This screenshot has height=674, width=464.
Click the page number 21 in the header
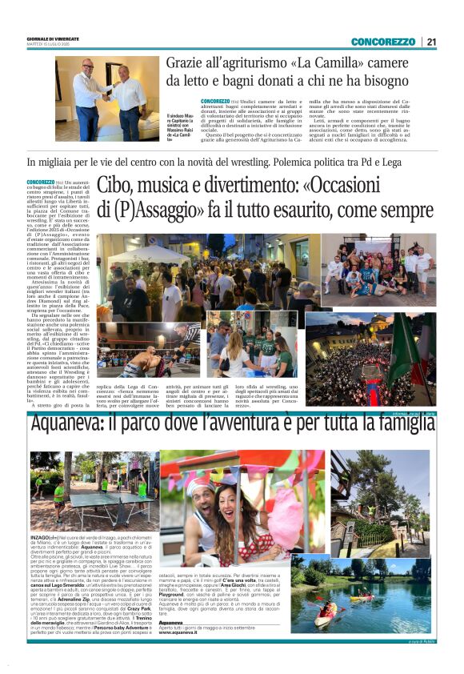click(431, 42)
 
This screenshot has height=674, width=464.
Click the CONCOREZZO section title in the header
click(382, 42)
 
